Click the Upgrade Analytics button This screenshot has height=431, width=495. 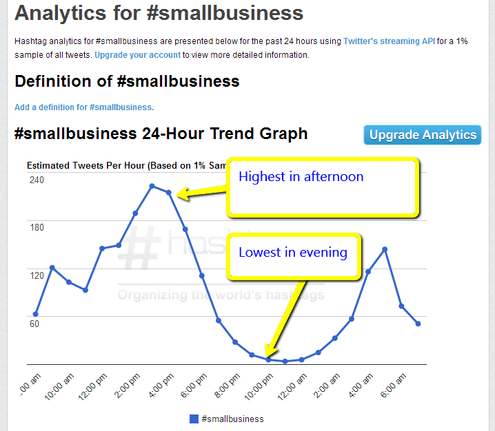pyautogui.click(x=422, y=135)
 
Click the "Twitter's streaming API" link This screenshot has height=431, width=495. pyautogui.click(x=390, y=41)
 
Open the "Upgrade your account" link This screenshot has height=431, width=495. pyautogui.click(x=138, y=55)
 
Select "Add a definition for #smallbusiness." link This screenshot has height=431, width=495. pyautogui.click(x=84, y=107)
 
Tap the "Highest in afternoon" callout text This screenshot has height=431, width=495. pyautogui.click(x=301, y=177)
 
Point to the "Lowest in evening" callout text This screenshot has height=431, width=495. pyautogui.click(x=292, y=253)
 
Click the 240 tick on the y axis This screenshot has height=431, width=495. pyautogui.click(x=37, y=180)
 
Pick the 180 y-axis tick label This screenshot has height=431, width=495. pyautogui.click(x=37, y=227)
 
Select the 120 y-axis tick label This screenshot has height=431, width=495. pyautogui.click(x=37, y=275)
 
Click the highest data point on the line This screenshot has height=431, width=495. pyautogui.click(x=152, y=186)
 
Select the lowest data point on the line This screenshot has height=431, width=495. pyautogui.click(x=285, y=361)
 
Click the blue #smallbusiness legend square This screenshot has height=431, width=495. pyautogui.click(x=194, y=419)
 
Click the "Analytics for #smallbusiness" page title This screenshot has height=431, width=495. pyautogui.click(x=159, y=13)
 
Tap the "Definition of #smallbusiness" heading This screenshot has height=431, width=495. pyautogui.click(x=127, y=81)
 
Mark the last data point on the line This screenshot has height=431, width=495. pyautogui.click(x=418, y=324)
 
